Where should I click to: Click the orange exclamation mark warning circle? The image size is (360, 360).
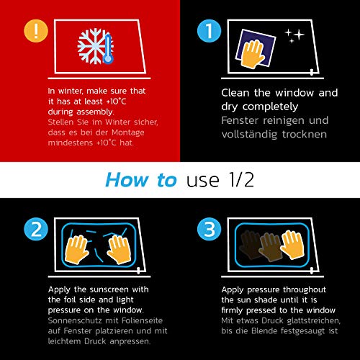point(36,31)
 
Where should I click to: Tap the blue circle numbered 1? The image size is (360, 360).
point(209,31)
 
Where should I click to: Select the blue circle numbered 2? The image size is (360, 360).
point(36,229)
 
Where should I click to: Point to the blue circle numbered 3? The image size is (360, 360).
point(209,229)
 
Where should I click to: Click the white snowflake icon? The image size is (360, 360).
point(92,46)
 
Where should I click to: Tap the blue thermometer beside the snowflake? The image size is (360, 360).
point(108,49)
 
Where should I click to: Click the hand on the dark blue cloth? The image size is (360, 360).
point(253,54)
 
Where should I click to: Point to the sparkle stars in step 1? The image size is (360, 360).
point(294,36)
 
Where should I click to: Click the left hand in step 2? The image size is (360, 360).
point(76,250)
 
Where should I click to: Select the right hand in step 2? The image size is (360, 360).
point(120,250)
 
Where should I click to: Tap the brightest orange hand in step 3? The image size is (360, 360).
point(293,245)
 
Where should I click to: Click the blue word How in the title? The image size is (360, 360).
point(127,180)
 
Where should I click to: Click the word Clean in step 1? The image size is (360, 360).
point(235,93)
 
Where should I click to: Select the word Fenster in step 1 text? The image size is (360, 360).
point(240,120)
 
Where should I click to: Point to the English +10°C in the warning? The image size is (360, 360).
point(116,102)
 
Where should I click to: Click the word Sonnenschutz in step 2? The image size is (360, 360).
point(75,320)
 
